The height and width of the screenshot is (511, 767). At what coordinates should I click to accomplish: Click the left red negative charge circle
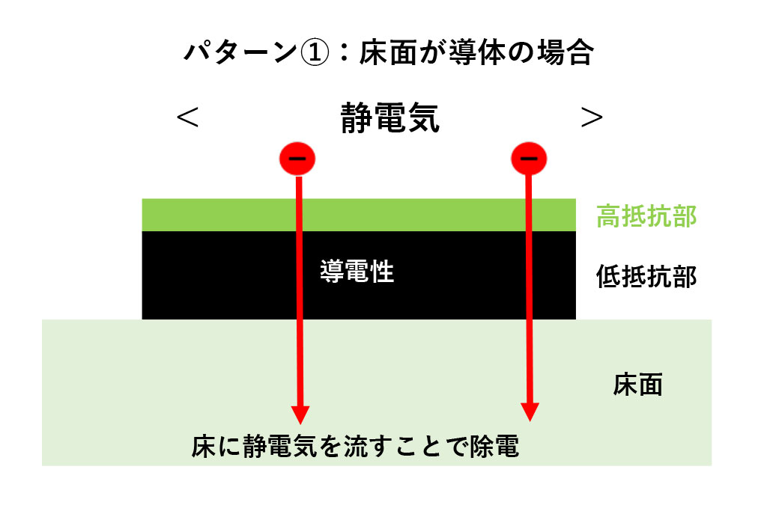point(297,158)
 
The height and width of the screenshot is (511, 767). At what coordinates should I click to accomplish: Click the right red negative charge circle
point(529,158)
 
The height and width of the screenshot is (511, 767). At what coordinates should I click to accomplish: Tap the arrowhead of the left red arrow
point(300,413)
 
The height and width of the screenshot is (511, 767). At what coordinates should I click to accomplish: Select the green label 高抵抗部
point(646,216)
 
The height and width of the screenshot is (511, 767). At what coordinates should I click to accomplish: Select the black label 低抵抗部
point(646,277)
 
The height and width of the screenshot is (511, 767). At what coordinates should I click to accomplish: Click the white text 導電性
point(357,272)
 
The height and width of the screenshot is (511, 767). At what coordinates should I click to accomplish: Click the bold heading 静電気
point(389,117)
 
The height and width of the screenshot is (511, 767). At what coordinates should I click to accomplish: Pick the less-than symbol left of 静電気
point(187,117)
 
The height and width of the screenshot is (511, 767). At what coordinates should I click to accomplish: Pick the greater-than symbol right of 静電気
point(592,117)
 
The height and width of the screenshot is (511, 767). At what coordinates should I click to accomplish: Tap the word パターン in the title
point(241,53)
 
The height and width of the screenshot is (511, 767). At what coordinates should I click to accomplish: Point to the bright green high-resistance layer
point(225,215)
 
